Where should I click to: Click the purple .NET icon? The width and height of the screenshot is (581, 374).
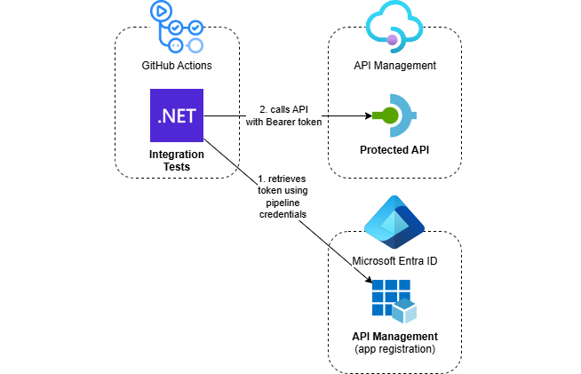(x=177, y=115)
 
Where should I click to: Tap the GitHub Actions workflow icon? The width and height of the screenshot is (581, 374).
(x=177, y=28)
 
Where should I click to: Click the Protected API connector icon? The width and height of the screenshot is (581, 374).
(x=394, y=115)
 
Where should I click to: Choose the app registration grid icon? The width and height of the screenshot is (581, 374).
(x=394, y=300)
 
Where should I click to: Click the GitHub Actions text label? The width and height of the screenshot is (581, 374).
(x=177, y=65)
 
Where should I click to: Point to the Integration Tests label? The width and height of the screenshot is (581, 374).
(x=177, y=161)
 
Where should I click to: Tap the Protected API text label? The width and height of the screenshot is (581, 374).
(x=394, y=148)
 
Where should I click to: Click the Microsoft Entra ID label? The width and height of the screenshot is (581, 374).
(x=394, y=260)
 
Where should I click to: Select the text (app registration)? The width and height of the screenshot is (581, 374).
(x=394, y=349)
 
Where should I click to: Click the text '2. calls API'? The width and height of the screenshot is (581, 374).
(x=283, y=109)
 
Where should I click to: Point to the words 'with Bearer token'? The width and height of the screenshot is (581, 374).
(x=283, y=122)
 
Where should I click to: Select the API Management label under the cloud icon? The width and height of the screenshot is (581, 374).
(x=394, y=65)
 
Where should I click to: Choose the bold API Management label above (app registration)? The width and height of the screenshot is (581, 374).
(x=394, y=336)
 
